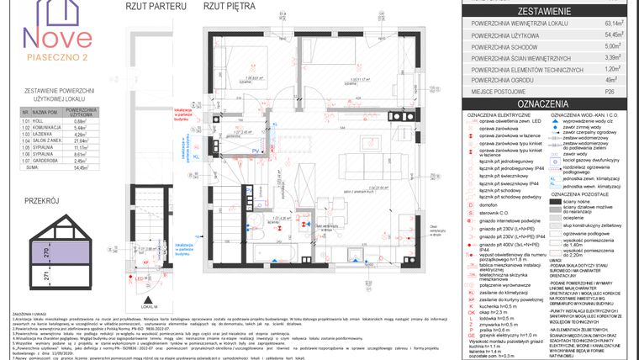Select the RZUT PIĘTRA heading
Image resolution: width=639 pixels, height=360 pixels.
tap(229, 6)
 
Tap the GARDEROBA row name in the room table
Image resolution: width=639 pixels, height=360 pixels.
tap(45, 161)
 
